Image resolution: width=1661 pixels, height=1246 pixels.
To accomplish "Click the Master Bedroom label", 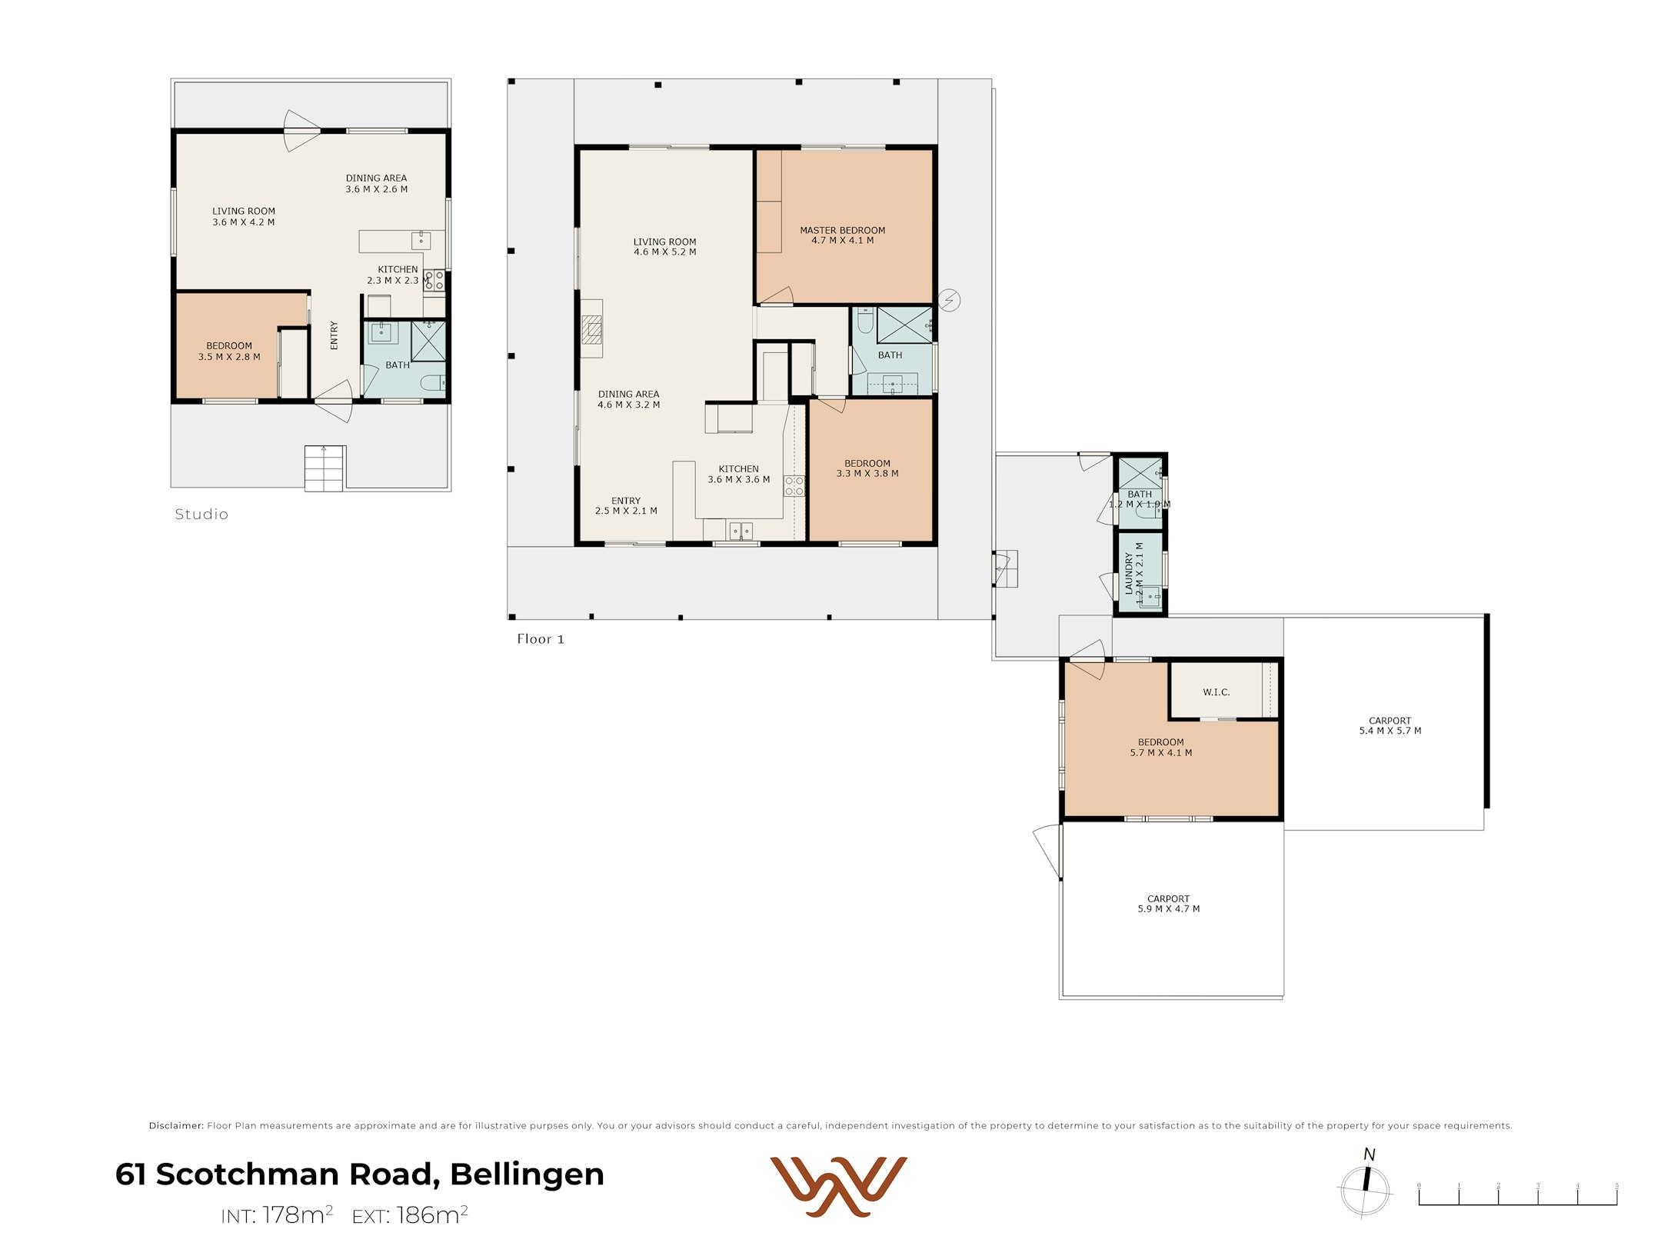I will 842,235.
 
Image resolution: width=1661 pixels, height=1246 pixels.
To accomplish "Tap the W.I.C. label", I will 1216,692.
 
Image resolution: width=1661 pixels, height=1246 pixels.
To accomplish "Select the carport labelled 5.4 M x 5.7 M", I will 1390,726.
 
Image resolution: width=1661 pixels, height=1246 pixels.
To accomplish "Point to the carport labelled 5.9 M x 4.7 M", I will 1168,904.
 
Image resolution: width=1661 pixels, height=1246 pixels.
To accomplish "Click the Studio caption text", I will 201,515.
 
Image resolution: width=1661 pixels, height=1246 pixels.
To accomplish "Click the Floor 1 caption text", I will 540,639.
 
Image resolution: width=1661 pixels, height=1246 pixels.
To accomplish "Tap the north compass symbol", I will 1365,1188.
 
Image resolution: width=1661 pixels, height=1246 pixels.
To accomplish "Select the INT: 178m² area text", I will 276,1215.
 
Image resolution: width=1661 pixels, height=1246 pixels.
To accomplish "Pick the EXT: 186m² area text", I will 410,1215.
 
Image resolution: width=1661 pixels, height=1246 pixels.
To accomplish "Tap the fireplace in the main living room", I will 591,329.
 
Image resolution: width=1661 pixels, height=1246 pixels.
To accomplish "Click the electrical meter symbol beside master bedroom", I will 950,300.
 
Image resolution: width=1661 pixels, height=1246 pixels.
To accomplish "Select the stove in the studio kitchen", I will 434,280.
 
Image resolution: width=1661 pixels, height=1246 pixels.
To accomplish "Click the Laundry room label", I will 1134,573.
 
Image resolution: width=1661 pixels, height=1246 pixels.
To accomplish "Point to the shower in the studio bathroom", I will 428,341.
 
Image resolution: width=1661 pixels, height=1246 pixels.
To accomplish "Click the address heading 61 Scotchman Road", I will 359,1174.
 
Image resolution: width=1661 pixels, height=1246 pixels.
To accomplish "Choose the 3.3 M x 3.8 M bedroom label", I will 867,468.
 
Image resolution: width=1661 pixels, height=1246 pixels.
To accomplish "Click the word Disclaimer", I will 176,1125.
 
